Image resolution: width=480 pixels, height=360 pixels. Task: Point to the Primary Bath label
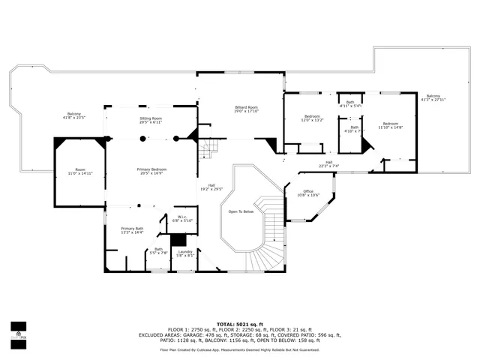pos(133,230)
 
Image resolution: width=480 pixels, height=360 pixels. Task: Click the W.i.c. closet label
pos(182,218)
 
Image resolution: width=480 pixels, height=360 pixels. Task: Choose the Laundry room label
pos(185,253)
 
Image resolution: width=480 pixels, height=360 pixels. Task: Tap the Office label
pos(308,193)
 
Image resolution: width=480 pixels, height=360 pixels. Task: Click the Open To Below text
pos(241,211)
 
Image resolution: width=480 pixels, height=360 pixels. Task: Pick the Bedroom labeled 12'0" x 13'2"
pos(312,118)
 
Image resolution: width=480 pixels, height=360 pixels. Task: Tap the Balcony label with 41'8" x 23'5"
pos(75,115)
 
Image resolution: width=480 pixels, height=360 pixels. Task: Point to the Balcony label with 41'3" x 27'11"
pos(433,97)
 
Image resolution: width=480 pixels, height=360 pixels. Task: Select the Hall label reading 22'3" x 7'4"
pos(328,163)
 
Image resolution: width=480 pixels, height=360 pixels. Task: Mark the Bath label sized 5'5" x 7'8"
pos(158,251)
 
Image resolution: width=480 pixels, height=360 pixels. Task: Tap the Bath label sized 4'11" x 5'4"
pos(349,104)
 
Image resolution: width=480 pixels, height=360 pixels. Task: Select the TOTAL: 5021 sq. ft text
pos(239,324)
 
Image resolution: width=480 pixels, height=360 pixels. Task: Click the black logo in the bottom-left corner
pos(18,331)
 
